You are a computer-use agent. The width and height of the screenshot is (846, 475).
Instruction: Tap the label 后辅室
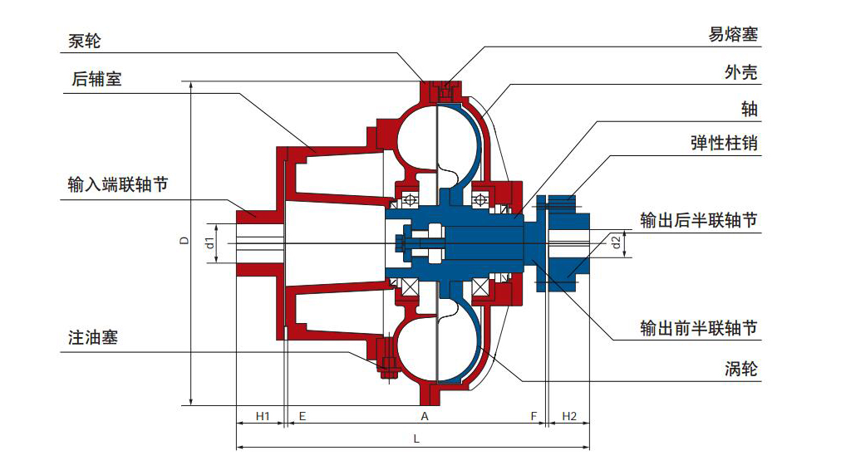coord(97,80)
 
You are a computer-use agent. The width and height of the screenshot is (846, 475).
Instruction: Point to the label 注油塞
coord(93,338)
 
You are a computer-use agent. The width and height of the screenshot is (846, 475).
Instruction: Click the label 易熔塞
coord(733,35)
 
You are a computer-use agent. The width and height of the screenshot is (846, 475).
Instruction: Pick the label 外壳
coord(741,72)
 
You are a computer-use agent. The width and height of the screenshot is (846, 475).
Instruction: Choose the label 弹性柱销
coord(724,144)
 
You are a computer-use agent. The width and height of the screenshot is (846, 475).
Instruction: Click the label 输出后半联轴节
coord(699,221)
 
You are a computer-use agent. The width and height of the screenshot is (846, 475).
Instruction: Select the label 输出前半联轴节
coord(699,328)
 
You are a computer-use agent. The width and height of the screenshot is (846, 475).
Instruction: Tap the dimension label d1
coord(210,242)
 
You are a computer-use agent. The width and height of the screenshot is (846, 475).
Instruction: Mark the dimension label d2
coord(616,242)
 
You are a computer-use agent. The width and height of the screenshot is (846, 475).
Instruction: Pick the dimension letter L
coord(416,440)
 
